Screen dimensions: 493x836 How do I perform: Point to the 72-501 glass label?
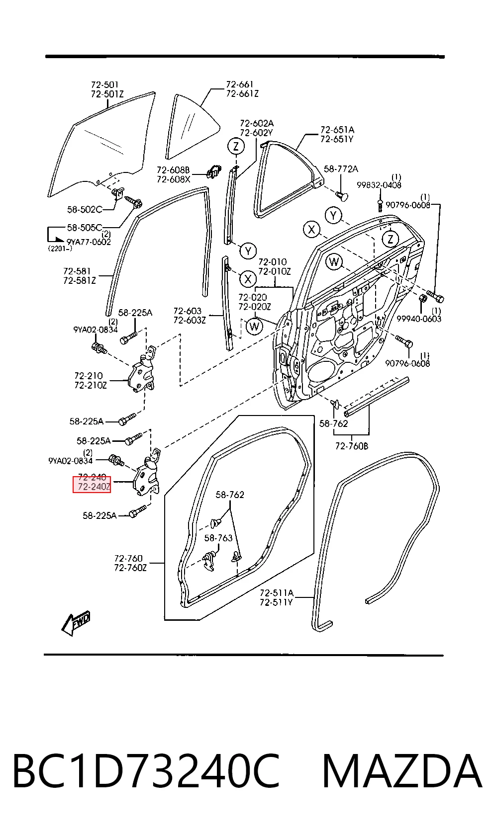click(x=104, y=84)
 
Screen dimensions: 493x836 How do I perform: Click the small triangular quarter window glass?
click(x=191, y=127)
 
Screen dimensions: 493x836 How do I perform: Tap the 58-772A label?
click(x=341, y=169)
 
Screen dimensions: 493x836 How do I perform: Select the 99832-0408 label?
click(x=379, y=185)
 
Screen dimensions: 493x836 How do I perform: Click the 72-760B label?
click(x=351, y=446)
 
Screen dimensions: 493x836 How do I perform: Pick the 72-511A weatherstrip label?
click(x=277, y=592)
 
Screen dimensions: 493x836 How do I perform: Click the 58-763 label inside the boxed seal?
click(x=218, y=538)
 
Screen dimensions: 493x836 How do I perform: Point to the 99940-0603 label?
click(x=419, y=319)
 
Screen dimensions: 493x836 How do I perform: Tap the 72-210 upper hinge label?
click(x=88, y=376)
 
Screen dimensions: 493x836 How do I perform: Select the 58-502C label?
click(x=85, y=209)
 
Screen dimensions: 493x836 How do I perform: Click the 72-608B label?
click(x=173, y=170)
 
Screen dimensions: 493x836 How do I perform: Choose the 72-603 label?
click(x=187, y=311)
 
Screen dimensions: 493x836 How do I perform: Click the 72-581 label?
click(x=77, y=271)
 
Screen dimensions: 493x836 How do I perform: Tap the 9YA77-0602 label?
click(x=89, y=242)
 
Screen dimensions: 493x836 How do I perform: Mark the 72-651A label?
click(x=337, y=130)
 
